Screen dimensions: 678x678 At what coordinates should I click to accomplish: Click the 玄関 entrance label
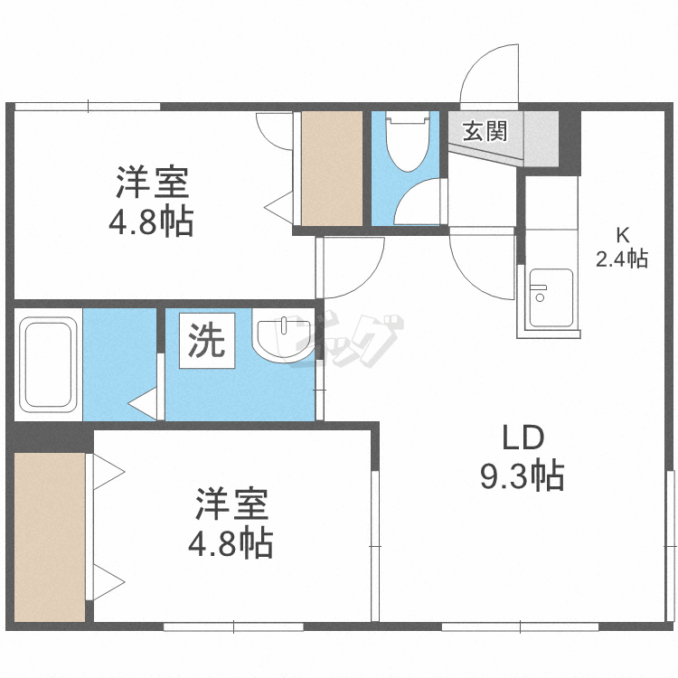(x=485, y=131)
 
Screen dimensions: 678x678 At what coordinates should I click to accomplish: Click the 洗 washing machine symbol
(x=207, y=340)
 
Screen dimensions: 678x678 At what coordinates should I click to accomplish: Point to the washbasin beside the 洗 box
(x=282, y=339)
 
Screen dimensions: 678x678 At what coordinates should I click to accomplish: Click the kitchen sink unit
(x=550, y=297)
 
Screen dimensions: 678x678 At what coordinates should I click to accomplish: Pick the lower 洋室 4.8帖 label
(x=231, y=523)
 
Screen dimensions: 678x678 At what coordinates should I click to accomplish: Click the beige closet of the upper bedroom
(x=331, y=168)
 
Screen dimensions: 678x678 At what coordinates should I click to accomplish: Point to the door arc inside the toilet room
(x=417, y=200)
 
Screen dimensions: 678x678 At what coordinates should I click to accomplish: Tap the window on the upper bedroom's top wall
(x=88, y=107)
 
